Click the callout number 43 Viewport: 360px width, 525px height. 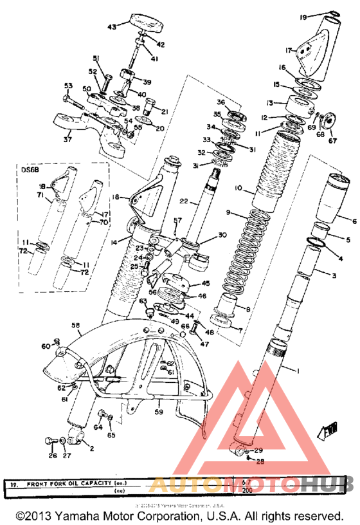click(112, 27)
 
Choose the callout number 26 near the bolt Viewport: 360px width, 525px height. click(52, 456)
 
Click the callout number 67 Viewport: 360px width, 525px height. click(332, 142)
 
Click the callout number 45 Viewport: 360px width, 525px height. click(206, 283)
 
